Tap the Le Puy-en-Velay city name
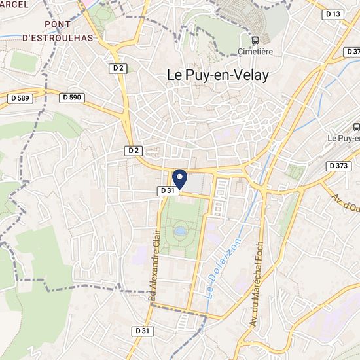pyautogui.click(x=214, y=76)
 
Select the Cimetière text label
pyautogui.click(x=255, y=51)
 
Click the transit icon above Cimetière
pyautogui.click(x=255, y=39)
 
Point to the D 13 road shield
pyautogui.click(x=333, y=14)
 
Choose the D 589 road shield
pyautogui.click(x=20, y=98)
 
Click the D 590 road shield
pyautogui.click(x=72, y=97)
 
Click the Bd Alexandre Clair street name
pyautogui.click(x=154, y=268)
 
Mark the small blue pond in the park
pyautogui.click(x=180, y=230)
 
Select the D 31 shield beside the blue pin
pyautogui.click(x=167, y=190)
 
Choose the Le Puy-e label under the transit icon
pyautogui.click(x=344, y=139)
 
